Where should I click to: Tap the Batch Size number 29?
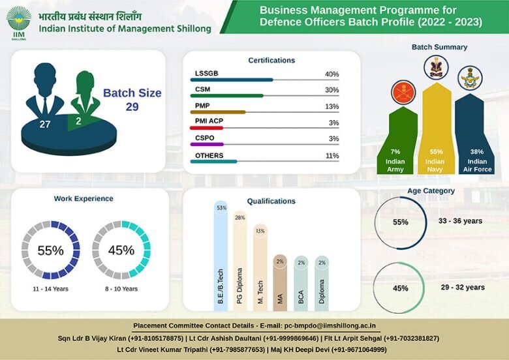pyautogui.click(x=132, y=107)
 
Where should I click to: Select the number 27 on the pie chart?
pyautogui.click(x=45, y=123)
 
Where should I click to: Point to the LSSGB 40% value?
pyautogui.click(x=332, y=74)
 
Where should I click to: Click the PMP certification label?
pyautogui.click(x=202, y=106)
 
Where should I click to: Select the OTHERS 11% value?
pyautogui.click(x=332, y=156)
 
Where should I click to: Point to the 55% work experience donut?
pyautogui.click(x=50, y=250)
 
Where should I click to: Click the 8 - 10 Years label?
pyautogui.click(x=121, y=289)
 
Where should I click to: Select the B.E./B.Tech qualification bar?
pyautogui.click(x=221, y=258)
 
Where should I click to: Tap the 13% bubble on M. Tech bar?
pyautogui.click(x=260, y=231)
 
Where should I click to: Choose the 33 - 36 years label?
pyautogui.click(x=460, y=221)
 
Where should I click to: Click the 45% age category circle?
pyautogui.click(x=400, y=288)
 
